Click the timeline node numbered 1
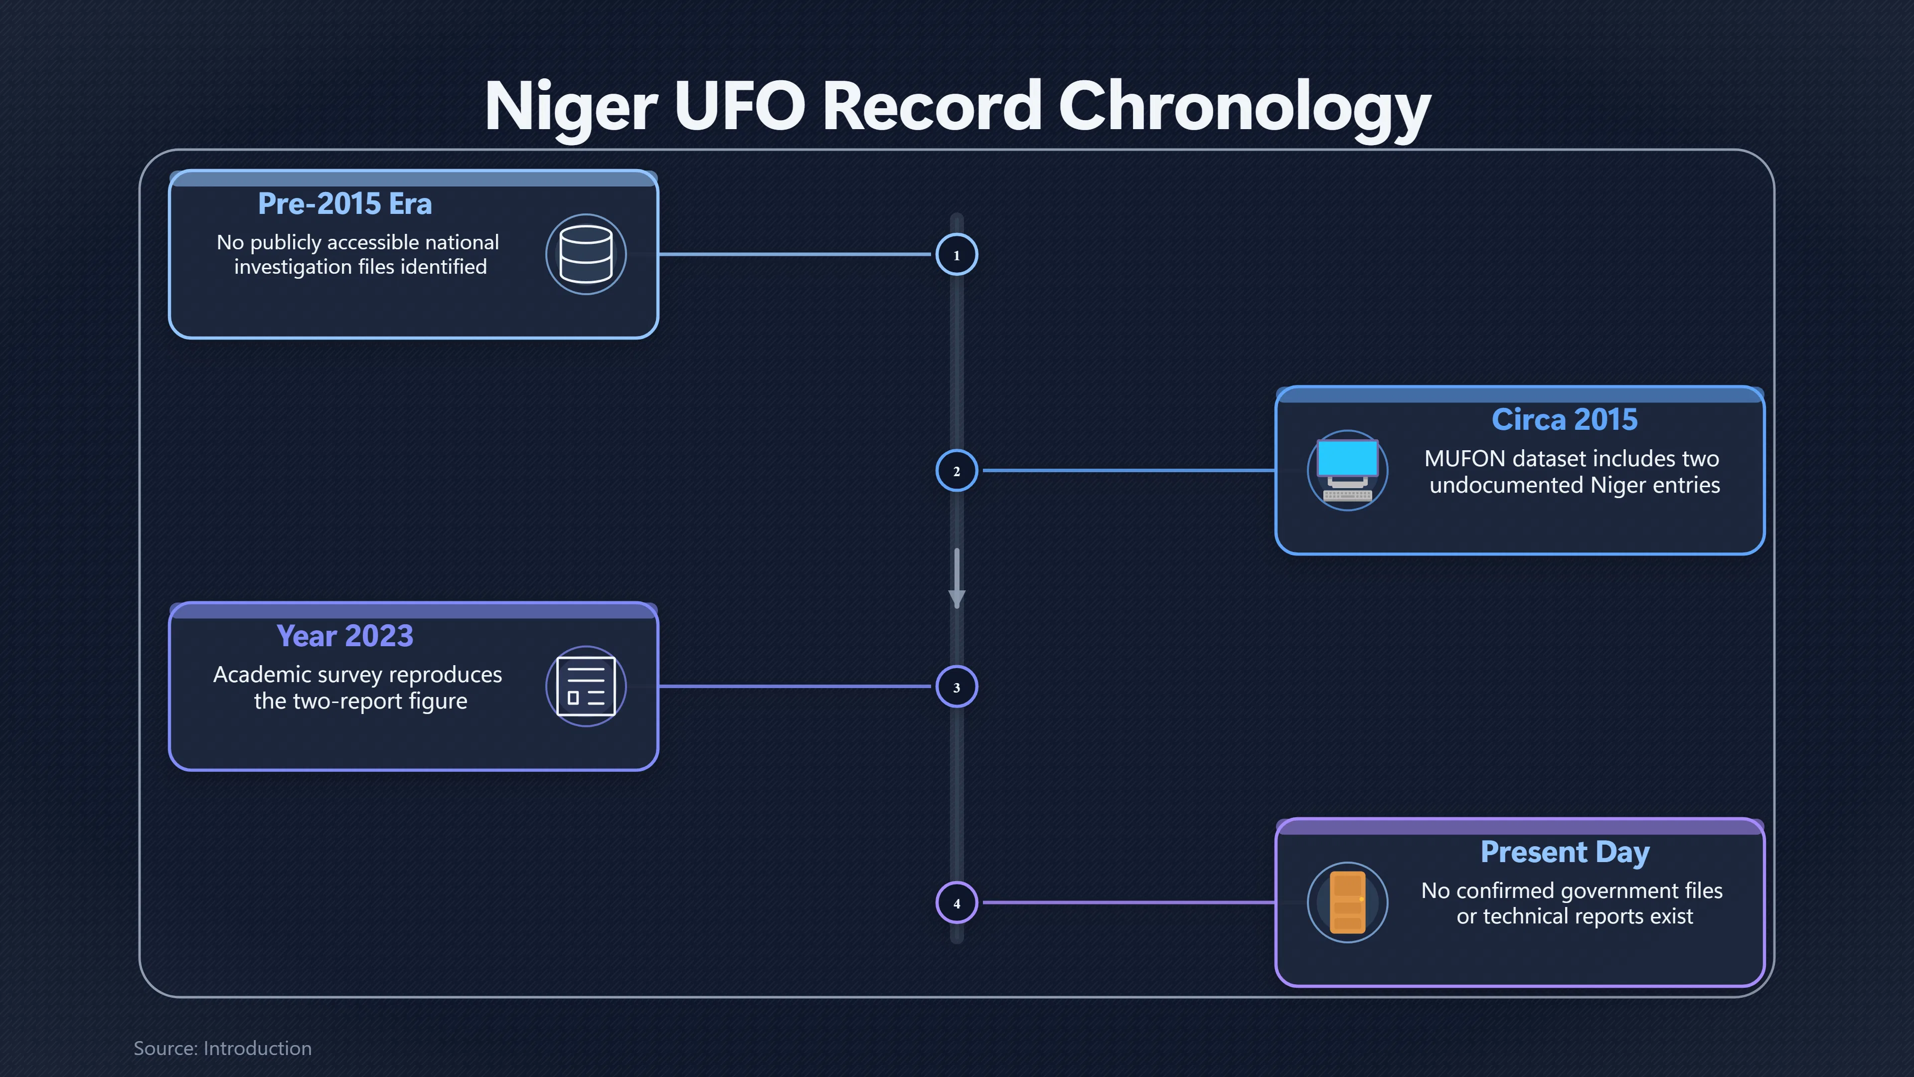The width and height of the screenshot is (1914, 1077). (x=957, y=255)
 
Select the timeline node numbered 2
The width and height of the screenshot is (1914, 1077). (x=957, y=471)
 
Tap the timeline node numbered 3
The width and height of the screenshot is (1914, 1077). (x=957, y=687)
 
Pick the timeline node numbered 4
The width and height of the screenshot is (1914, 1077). (x=957, y=903)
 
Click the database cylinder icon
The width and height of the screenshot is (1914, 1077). (x=586, y=254)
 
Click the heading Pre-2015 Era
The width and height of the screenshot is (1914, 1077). (x=345, y=203)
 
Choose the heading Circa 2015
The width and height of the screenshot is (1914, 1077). (x=1565, y=419)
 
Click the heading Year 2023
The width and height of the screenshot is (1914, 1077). (x=345, y=636)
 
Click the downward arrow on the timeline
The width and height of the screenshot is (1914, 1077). (x=957, y=579)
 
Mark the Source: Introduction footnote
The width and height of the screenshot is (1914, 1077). (x=223, y=1048)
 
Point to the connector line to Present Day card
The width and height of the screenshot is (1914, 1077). (x=1128, y=902)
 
